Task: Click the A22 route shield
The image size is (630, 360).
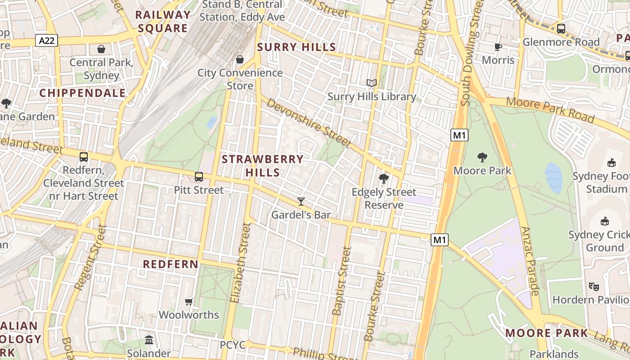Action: tap(47, 41)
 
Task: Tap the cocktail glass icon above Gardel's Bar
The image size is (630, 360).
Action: tap(301, 201)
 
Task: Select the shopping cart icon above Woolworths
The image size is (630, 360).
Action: tap(189, 301)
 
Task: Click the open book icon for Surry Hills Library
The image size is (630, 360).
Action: tap(371, 83)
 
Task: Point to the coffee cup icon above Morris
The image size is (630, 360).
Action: tap(498, 47)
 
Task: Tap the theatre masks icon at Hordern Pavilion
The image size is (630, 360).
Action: tap(594, 286)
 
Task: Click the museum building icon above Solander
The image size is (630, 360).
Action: tap(149, 340)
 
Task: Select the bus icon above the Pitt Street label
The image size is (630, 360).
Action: tap(199, 177)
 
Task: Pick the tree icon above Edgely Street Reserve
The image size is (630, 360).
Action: tap(383, 179)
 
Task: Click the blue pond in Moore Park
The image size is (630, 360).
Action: tap(553, 178)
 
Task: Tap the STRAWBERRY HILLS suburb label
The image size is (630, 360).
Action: tap(263, 166)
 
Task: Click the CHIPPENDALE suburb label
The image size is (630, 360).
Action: tap(83, 93)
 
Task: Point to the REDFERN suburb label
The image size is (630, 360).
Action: tap(171, 264)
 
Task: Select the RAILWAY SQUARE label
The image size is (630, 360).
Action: tap(162, 22)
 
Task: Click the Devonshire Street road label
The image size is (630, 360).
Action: tap(308, 122)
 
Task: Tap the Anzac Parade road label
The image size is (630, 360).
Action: tap(529, 261)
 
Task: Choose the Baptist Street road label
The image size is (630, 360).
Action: tap(341, 281)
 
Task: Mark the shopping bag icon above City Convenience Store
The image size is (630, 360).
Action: tap(240, 59)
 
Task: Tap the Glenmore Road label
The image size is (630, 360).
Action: tap(561, 42)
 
